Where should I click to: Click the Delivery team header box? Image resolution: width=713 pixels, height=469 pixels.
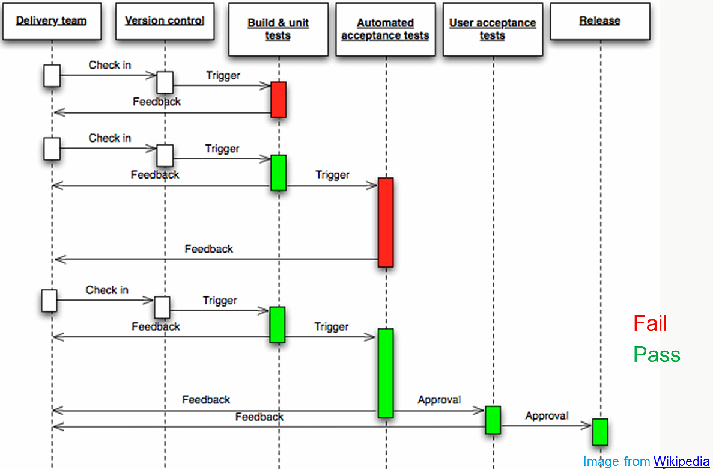point(51,21)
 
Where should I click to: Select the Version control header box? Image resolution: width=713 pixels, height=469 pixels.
point(165,21)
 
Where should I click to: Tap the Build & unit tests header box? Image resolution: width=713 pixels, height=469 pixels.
point(278,29)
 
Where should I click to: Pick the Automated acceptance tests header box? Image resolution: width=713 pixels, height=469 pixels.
point(385,29)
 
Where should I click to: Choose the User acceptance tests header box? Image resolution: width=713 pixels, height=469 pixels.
point(493,29)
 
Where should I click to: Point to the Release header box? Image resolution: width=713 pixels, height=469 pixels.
point(599,21)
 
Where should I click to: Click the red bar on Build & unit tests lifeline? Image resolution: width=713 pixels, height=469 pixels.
point(278,99)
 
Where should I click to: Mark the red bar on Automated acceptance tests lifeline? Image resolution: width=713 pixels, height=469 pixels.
point(386,222)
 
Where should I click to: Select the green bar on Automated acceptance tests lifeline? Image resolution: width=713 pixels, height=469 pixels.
point(386,373)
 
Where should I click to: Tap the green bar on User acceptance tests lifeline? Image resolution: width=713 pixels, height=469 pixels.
point(493,420)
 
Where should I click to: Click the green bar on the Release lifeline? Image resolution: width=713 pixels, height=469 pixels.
point(599,432)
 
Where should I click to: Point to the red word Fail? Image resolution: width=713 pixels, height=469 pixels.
point(650,323)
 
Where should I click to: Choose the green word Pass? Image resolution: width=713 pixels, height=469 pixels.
point(657,354)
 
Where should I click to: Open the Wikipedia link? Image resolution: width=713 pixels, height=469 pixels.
point(681,461)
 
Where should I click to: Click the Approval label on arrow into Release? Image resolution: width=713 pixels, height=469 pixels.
point(547,415)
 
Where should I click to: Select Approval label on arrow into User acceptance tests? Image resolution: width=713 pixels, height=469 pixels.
point(439,400)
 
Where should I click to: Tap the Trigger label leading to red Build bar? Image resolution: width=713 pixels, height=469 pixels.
point(223,76)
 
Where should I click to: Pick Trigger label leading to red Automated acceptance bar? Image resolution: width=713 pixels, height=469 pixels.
point(332,175)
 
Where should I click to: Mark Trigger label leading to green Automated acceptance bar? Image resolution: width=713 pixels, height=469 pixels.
point(331,326)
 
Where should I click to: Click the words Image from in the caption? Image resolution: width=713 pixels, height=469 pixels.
point(616,461)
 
